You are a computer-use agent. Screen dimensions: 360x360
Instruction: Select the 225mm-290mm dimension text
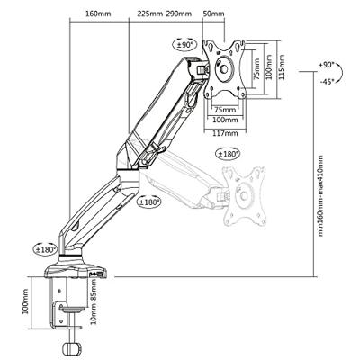point(165,13)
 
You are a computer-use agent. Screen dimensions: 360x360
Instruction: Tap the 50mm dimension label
point(213,13)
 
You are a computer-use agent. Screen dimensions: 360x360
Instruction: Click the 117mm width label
point(225,133)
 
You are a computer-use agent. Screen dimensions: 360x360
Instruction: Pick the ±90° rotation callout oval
point(184,45)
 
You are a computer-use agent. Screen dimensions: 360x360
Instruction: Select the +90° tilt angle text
point(327,65)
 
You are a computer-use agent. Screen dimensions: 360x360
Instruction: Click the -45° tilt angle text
point(327,82)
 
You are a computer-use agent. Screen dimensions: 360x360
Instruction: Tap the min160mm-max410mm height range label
point(320,195)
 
